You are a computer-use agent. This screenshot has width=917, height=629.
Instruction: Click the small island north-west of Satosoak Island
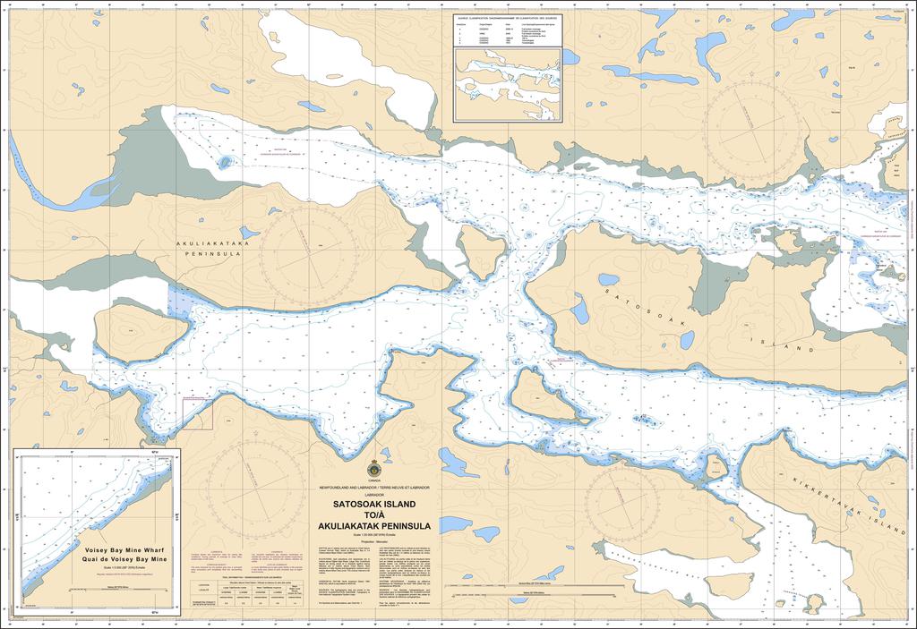point(482,250)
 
